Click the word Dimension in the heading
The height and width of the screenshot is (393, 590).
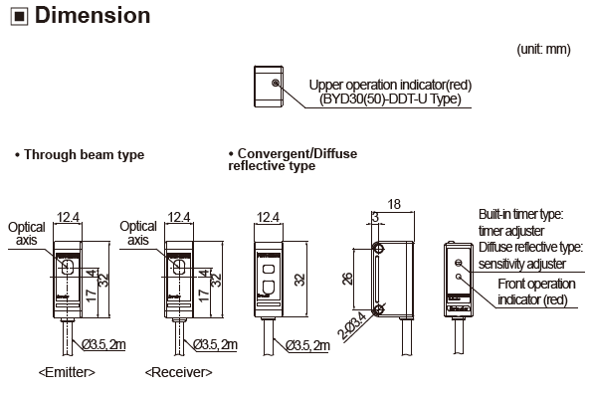[x=89, y=16]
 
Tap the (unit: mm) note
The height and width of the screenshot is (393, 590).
[x=543, y=49]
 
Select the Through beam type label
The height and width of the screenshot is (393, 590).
[x=80, y=154]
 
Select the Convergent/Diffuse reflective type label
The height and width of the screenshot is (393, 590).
[x=292, y=159]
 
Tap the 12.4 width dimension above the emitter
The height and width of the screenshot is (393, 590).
[x=69, y=216]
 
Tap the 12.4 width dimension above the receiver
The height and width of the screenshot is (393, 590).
[x=179, y=216]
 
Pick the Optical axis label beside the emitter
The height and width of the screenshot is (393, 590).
[x=27, y=233]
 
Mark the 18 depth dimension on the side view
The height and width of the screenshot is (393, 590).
[x=393, y=204]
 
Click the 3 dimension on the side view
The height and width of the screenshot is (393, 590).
[x=374, y=216]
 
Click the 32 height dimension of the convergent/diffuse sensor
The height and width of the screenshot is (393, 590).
[x=298, y=281]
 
